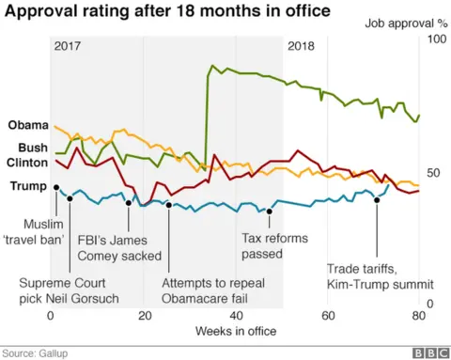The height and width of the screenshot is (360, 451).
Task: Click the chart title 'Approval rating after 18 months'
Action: click(x=169, y=12)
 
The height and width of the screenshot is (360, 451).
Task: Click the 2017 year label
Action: click(x=69, y=46)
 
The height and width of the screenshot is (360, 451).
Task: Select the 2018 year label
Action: click(x=301, y=46)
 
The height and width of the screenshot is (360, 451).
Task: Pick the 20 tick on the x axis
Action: click(x=144, y=316)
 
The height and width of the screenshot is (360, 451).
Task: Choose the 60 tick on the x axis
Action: click(x=327, y=316)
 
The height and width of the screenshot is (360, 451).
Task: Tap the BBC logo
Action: click(x=428, y=352)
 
